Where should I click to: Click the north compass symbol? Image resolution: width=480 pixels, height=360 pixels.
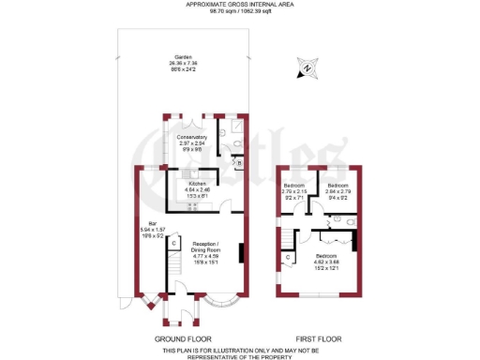[307, 67]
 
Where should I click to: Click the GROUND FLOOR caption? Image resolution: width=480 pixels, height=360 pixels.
[183, 338]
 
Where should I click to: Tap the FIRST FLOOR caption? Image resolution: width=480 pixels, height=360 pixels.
[316, 338]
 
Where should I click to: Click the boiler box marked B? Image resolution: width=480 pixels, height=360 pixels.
[238, 162]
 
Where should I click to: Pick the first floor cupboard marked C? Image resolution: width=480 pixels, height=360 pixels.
[287, 256]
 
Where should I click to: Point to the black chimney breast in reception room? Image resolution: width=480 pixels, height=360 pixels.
[243, 253]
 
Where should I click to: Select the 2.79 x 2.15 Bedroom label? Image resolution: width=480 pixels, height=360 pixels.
[294, 191]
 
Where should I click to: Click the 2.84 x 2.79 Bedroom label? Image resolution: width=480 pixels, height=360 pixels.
[338, 191]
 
